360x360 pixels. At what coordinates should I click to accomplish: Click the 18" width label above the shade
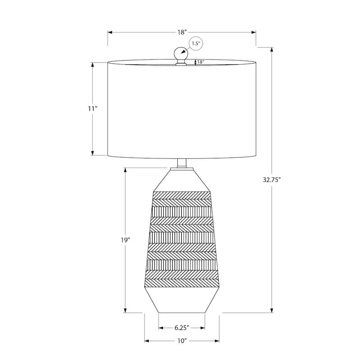point(182,32)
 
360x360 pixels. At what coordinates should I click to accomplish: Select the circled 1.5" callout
point(196,44)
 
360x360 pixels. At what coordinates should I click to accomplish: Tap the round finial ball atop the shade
point(181,53)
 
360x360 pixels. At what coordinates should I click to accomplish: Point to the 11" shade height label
point(93,109)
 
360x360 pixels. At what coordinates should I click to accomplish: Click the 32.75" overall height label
point(272,179)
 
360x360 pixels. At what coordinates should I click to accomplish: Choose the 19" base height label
point(125,240)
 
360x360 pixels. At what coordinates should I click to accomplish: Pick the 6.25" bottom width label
point(182,328)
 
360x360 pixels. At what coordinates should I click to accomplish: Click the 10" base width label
point(182,341)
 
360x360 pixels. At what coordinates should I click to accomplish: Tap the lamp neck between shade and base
point(182,163)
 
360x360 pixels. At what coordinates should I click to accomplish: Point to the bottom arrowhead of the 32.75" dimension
point(272,310)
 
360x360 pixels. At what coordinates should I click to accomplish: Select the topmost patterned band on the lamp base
point(182,194)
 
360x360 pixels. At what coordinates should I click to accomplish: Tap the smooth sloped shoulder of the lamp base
point(182,180)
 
